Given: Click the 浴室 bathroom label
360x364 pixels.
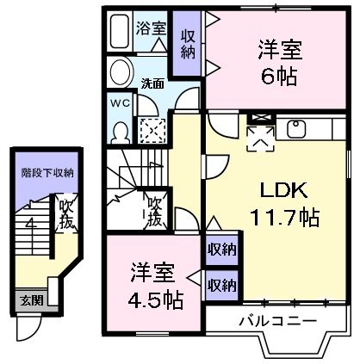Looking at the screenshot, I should (x=152, y=27).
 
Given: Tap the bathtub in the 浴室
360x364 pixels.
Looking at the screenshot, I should (x=121, y=33).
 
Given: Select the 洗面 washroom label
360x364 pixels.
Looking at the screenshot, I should (x=153, y=83).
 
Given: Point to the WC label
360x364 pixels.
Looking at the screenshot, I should (x=120, y=102).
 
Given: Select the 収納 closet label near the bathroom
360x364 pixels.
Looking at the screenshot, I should (x=188, y=43).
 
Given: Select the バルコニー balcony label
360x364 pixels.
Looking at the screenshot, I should (x=277, y=321).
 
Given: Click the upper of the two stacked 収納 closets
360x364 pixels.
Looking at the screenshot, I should (x=221, y=250).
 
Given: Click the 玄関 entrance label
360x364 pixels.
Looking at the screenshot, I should (x=29, y=301).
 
